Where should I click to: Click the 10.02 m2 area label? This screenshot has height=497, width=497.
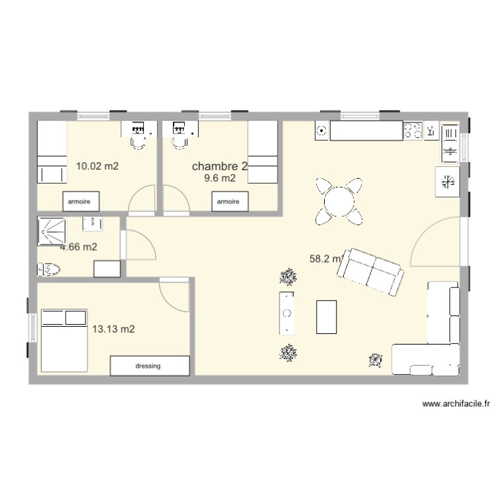tap(97, 166)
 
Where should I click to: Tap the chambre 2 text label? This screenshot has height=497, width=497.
tap(219, 166)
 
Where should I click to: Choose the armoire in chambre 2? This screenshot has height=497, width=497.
tap(229, 200)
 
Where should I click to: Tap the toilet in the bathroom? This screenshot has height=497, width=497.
tap(49, 269)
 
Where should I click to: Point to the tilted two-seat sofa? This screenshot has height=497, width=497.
tap(373, 271)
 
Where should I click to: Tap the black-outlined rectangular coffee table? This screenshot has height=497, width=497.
tap(326, 316)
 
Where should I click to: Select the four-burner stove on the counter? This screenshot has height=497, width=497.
tap(413, 131)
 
